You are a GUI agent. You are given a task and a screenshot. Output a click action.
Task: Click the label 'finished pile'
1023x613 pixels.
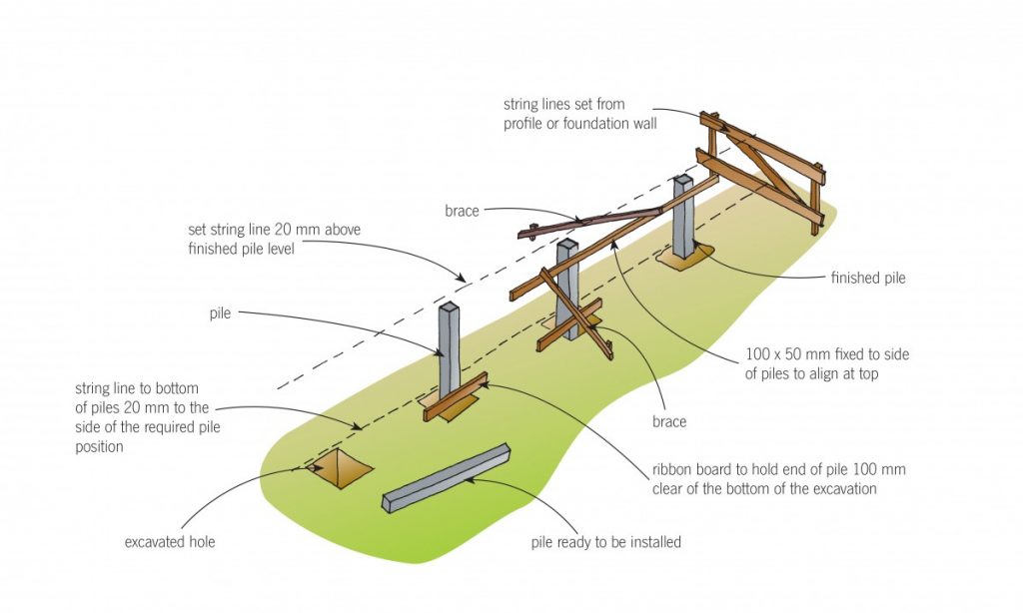click(x=867, y=279)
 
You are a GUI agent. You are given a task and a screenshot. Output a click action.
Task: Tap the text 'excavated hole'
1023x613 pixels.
click(x=169, y=542)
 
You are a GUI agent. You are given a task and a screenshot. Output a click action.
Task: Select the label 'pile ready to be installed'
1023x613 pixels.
click(x=605, y=542)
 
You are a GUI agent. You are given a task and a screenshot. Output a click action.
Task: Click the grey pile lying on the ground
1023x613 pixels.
click(x=448, y=478)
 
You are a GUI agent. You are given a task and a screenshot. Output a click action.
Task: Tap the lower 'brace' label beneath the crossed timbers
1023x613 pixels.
click(x=668, y=421)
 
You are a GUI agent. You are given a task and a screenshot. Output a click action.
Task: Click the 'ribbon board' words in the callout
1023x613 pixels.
click(x=694, y=469)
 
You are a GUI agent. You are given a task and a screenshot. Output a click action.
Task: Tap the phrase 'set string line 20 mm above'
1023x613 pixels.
click(x=274, y=230)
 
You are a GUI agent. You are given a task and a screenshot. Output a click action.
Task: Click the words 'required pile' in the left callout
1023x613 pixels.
click(x=177, y=427)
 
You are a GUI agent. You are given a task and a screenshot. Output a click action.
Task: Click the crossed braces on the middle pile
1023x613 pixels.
click(x=570, y=309)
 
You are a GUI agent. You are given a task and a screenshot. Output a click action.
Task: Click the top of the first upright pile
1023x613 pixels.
click(x=448, y=307)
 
